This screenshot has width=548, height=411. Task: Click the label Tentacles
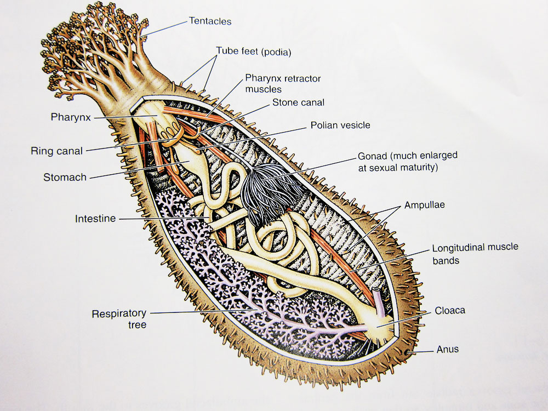tap(210, 21)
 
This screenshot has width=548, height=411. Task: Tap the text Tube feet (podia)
tap(253, 52)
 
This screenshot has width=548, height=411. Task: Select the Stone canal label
tap(298, 102)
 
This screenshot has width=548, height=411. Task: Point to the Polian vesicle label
tap(340, 125)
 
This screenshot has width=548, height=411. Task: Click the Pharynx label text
tap(71, 117)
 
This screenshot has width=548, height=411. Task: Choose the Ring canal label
tap(56, 151)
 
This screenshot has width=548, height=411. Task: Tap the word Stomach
tap(65, 177)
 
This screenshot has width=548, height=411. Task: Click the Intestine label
tap(95, 219)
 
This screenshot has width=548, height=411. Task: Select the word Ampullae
tap(424, 205)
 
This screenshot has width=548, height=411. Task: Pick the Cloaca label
tap(450, 310)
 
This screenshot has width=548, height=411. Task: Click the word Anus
tap(447, 349)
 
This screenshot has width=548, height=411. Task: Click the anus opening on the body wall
tap(407, 352)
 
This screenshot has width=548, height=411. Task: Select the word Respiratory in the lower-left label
tap(119, 313)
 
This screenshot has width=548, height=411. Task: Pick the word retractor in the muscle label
tap(303, 78)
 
